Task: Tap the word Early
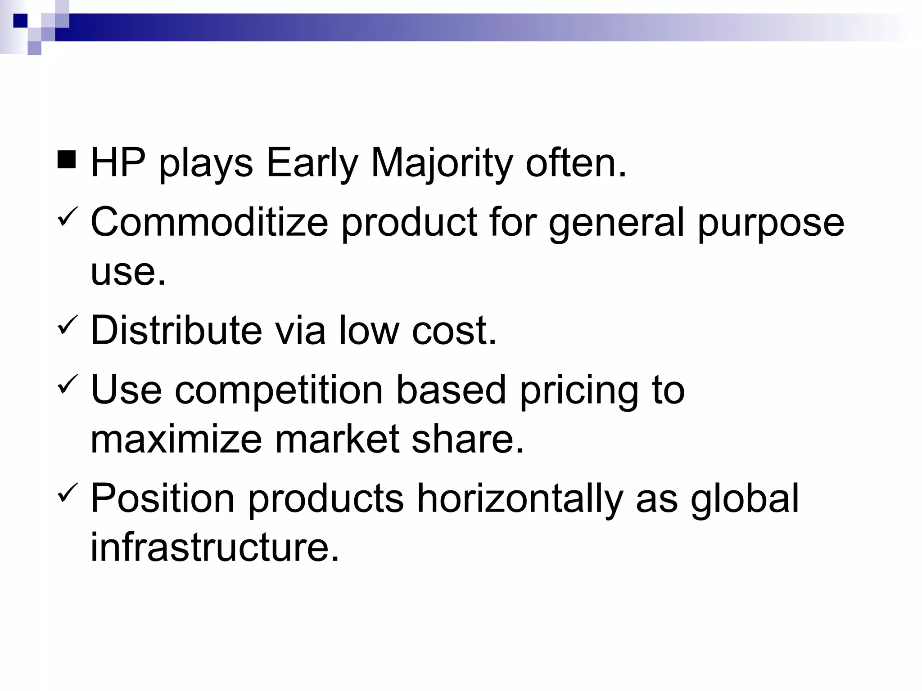click(x=312, y=164)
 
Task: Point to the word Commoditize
click(x=209, y=222)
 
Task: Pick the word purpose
click(x=771, y=224)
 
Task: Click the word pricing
click(x=579, y=391)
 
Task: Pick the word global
click(x=745, y=499)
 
